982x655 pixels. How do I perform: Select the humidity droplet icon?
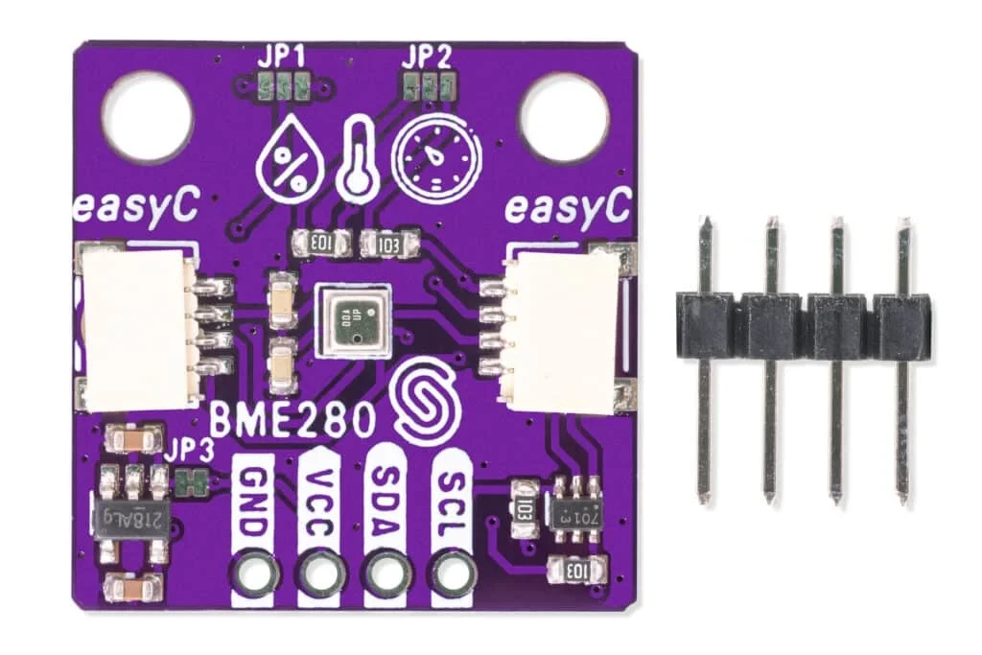290,155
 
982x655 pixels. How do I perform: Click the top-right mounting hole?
564,116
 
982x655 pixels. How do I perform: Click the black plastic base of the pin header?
804,324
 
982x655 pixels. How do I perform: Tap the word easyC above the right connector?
568,206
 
